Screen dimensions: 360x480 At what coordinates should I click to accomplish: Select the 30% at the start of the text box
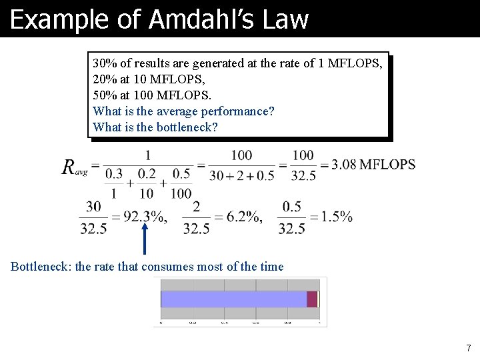tap(104, 64)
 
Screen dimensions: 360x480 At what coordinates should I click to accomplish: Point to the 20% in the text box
tap(105, 79)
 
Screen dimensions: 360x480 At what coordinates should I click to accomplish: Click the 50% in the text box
tap(105, 95)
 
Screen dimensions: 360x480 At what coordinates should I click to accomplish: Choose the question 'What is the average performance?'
tap(183, 111)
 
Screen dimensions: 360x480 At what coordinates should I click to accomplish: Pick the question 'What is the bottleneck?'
tap(155, 127)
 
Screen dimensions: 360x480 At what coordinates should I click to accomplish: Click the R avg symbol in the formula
tap(74, 167)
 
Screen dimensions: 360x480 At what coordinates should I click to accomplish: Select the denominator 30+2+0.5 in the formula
tap(241, 175)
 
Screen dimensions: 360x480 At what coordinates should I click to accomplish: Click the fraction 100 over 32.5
tap(303, 165)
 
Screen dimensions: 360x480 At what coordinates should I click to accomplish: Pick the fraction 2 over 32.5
tap(196, 217)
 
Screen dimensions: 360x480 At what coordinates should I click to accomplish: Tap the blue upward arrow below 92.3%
tap(145, 240)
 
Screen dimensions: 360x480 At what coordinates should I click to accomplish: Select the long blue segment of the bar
tap(233, 299)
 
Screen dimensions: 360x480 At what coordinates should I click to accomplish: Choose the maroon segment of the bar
tap(311, 299)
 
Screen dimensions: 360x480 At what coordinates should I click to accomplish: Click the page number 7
tap(468, 348)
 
